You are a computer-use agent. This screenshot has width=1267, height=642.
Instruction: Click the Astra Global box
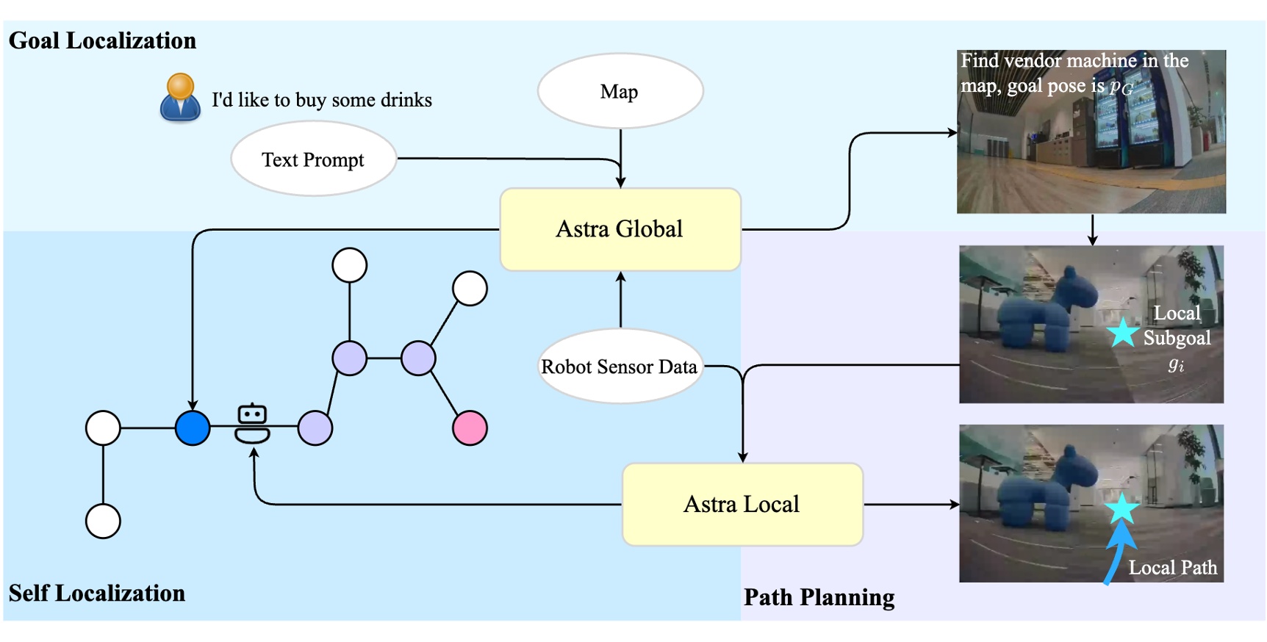point(620,229)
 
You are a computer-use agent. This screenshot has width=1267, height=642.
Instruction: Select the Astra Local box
point(742,504)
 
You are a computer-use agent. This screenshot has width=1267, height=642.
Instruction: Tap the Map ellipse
point(620,91)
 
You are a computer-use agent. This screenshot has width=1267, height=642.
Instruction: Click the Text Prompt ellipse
point(313,159)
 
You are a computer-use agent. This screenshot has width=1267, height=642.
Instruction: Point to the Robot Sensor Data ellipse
point(620,366)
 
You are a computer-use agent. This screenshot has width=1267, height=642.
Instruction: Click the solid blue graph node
point(193,428)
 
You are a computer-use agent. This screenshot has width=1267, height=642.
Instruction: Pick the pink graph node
point(470,428)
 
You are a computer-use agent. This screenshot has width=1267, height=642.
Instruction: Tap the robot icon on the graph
point(252,423)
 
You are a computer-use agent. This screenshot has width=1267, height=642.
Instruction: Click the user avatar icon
point(180,97)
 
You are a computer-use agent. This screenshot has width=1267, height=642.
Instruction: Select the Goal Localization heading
point(102,40)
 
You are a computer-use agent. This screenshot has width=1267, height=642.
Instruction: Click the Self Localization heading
point(97,593)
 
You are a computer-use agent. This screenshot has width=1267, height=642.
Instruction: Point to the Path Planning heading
point(819,597)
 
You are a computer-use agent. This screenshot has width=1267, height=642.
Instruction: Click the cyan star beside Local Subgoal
point(1122,333)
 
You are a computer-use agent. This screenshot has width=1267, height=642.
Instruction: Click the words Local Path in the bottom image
point(1172,567)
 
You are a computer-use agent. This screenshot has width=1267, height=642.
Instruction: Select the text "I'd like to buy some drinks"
point(321,100)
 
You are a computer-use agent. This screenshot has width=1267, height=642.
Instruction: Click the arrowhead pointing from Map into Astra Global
point(621,181)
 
